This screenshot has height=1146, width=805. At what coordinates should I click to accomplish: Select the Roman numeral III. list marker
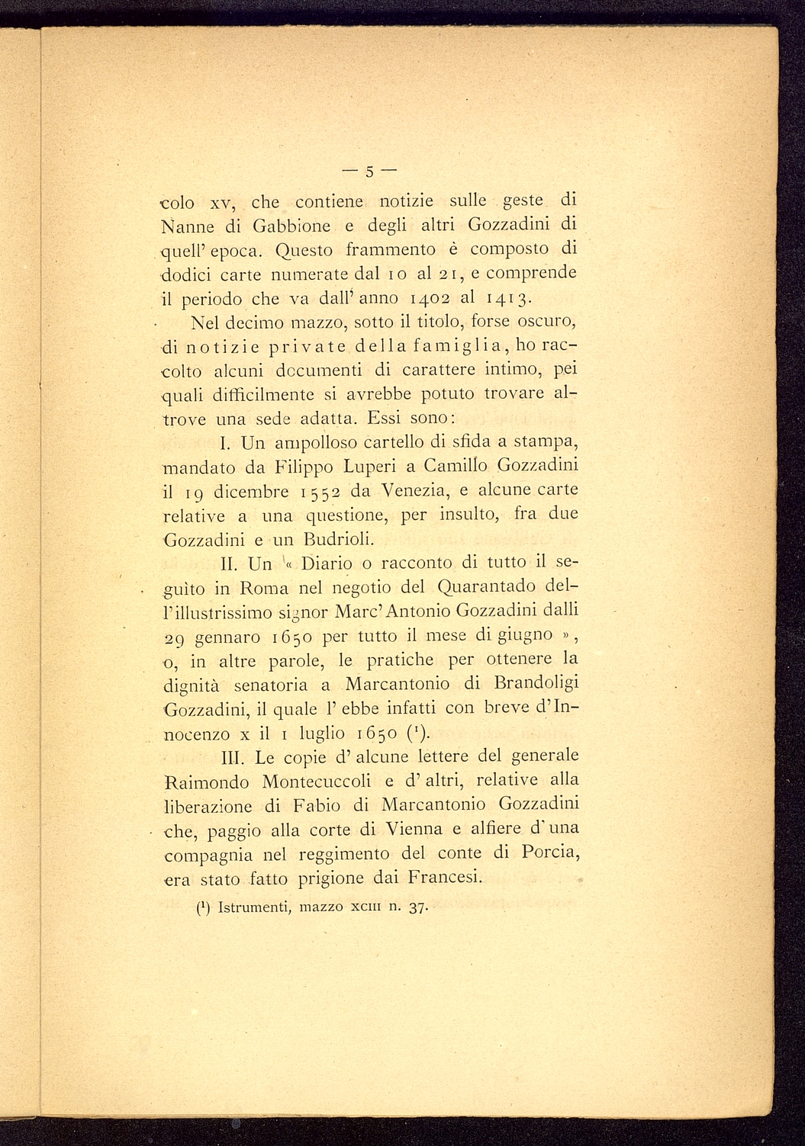point(233,757)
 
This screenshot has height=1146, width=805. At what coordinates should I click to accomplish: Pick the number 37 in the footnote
point(417,908)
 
